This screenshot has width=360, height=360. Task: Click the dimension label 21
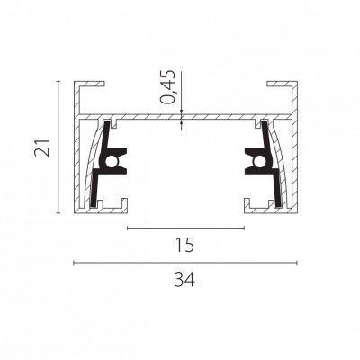pos(42,148)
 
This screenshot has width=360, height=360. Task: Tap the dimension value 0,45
pos(167,87)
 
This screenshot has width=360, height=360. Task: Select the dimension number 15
pos(184,245)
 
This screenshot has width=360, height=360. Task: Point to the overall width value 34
pos(184,279)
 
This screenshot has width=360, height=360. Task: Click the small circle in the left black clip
pos(111,161)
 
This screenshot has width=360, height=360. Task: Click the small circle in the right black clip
pos(258,161)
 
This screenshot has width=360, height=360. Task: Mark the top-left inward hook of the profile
pos(89,84)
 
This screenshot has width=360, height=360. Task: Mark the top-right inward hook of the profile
pos(282,84)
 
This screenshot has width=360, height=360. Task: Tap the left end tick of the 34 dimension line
pos(74,263)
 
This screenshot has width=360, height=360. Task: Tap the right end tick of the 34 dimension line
pos(297,263)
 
